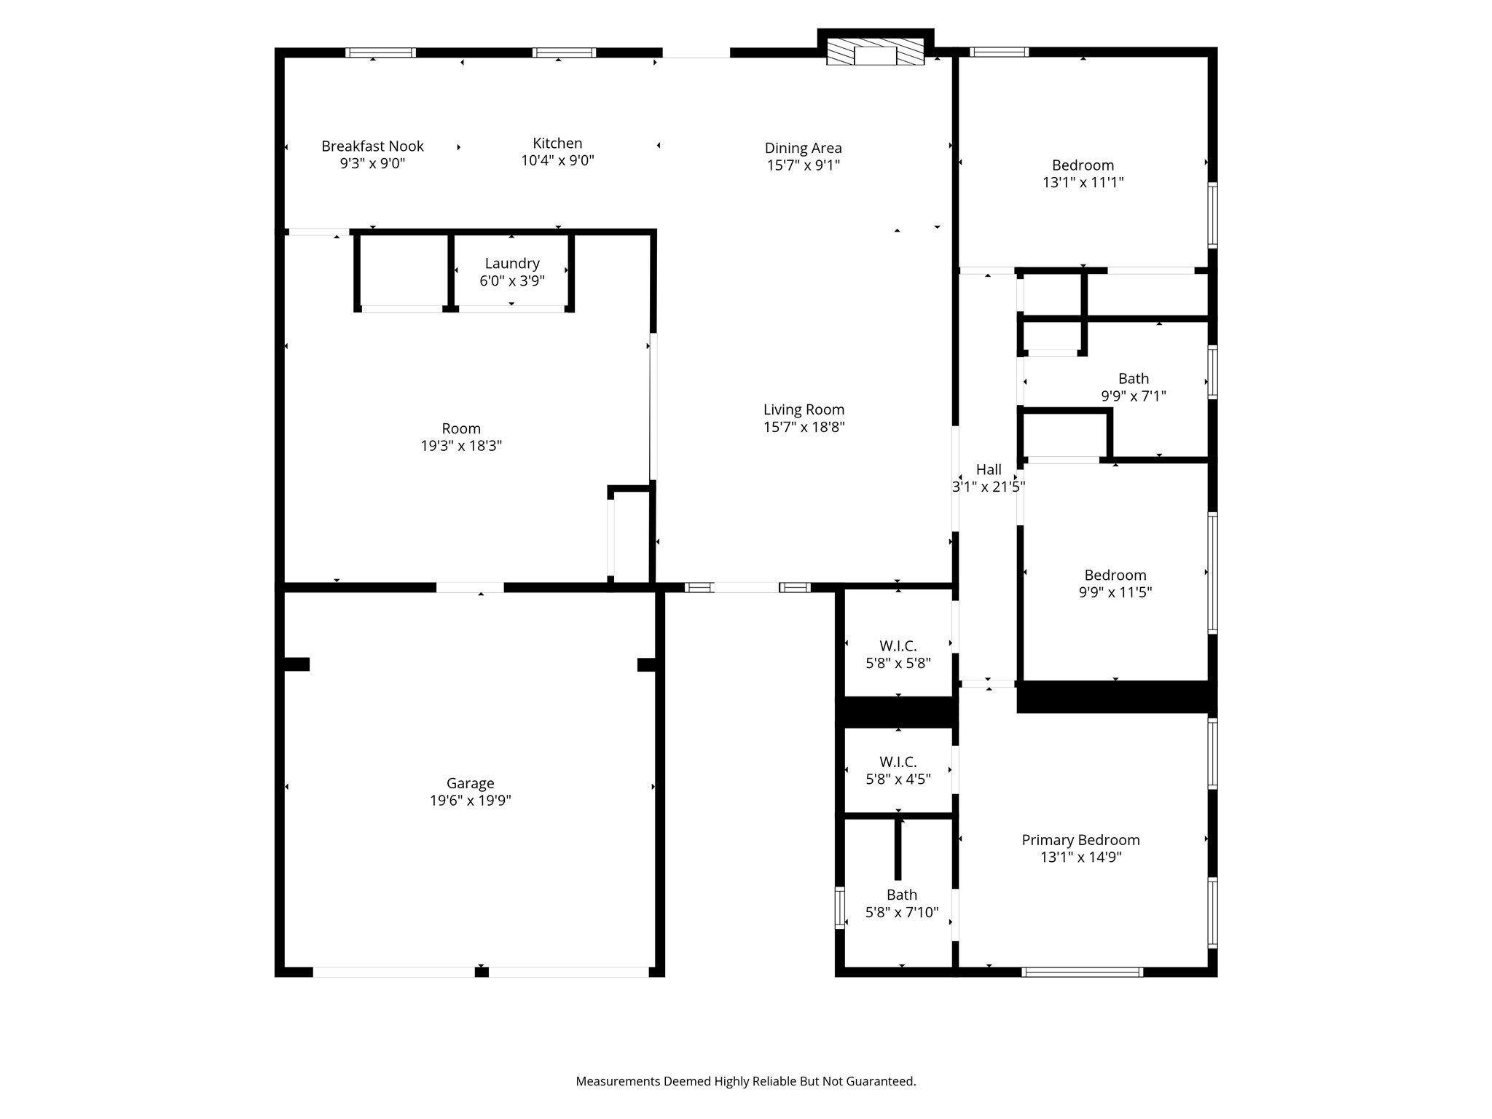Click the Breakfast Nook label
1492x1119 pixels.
tap(372, 146)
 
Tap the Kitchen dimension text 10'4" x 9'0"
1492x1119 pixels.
tap(557, 161)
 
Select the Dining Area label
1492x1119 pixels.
tap(803, 148)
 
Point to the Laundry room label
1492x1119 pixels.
tap(512, 264)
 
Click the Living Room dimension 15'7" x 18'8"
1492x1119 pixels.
tap(804, 428)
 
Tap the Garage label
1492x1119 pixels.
tap(470, 783)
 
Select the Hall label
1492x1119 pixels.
tap(989, 470)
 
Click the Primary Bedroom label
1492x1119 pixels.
tap(1080, 840)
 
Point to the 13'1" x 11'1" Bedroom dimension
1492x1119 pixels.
tap(1083, 183)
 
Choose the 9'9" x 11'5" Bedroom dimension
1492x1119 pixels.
tap(1115, 593)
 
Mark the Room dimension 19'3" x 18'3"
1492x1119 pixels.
tap(461, 446)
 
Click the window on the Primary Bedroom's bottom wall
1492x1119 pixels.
tap(1082, 972)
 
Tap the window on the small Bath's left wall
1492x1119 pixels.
tap(839, 908)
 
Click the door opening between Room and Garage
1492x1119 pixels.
tap(470, 587)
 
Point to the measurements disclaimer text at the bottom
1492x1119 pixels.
tap(746, 1081)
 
